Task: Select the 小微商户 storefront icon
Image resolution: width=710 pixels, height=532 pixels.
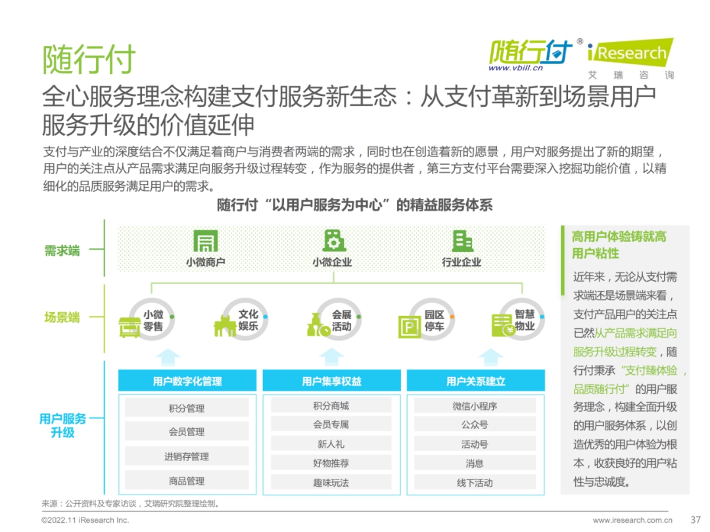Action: (x=206, y=240)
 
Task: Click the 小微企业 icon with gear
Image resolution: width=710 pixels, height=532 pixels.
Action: (x=334, y=240)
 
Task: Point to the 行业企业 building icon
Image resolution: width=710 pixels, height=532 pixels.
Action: (x=462, y=240)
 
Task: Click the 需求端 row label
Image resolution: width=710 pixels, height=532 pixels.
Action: (x=62, y=251)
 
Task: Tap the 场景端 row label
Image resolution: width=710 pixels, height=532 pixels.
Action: (x=62, y=317)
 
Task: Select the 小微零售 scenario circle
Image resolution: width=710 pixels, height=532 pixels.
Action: (x=152, y=320)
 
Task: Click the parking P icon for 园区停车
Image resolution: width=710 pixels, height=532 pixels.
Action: (x=410, y=326)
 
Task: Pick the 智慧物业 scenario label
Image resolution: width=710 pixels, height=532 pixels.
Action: (x=525, y=320)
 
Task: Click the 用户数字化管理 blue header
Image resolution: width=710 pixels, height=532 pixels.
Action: (x=187, y=381)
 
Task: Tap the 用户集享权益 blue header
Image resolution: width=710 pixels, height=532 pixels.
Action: (x=331, y=381)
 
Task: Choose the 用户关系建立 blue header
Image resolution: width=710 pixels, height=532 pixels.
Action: (x=475, y=381)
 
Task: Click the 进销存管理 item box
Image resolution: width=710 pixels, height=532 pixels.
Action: (x=187, y=456)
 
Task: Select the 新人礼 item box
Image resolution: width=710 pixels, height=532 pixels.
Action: (x=331, y=444)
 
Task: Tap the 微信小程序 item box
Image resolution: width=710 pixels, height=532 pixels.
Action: (x=475, y=407)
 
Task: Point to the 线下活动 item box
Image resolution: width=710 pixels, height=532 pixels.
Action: (x=475, y=483)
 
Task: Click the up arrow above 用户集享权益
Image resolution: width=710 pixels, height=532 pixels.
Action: (x=331, y=357)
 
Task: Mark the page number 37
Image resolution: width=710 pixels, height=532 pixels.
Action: (x=696, y=520)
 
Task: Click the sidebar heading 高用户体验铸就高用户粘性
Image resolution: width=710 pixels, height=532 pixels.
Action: (x=619, y=245)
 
